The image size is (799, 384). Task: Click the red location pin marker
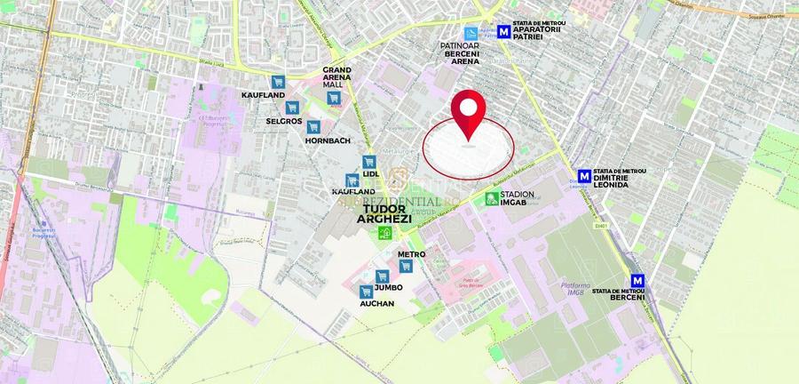tap(470, 114)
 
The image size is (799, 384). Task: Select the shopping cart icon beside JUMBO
tap(382, 276)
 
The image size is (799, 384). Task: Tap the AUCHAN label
tap(376, 302)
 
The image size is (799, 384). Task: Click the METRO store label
tap(411, 254)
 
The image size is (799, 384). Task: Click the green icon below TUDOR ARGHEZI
tap(385, 234)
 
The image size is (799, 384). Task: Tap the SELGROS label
tap(284, 121)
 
